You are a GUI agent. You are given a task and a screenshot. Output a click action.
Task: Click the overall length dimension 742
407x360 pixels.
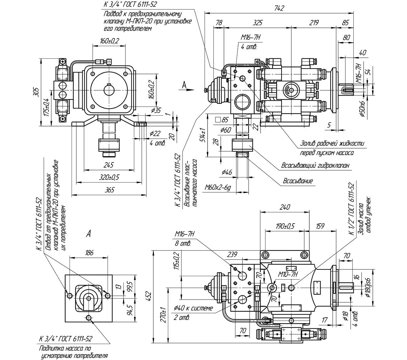(279, 8)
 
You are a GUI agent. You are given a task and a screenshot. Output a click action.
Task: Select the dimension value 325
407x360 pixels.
(257, 22)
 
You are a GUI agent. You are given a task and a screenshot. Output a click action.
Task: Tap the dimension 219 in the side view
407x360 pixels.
(314, 22)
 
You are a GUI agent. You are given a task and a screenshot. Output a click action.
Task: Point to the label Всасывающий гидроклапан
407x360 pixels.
(315, 166)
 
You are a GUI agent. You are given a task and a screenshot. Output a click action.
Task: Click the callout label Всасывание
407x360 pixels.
(298, 181)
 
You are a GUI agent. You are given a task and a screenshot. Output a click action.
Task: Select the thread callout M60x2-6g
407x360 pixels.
(218, 188)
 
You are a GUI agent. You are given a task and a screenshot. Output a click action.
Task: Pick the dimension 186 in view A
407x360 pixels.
(89, 253)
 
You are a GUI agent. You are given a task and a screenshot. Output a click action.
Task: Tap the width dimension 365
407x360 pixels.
(110, 190)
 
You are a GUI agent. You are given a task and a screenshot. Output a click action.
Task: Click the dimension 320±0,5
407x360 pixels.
(109, 177)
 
